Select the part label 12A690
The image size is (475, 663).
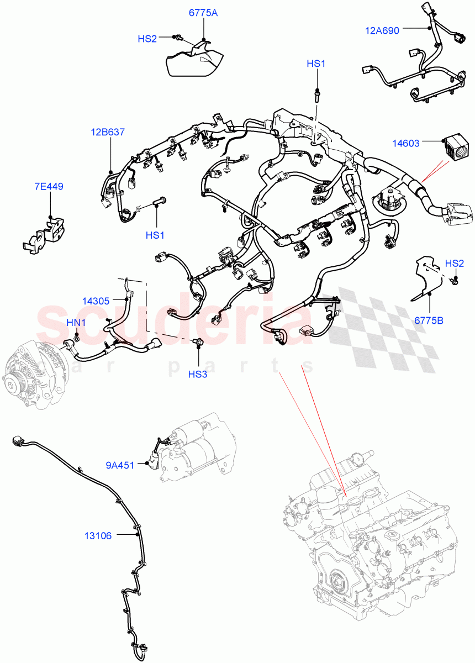pos(382,31)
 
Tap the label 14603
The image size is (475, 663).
pos(406,144)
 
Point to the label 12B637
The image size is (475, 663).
pos(108,133)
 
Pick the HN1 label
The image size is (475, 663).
pos(76,322)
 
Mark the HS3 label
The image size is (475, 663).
pos(197,374)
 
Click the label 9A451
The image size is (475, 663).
pos(120,465)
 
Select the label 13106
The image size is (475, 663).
pos(98,535)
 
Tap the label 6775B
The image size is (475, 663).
pos(429,320)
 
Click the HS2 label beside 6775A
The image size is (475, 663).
pos(147,39)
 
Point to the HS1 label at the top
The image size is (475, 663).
pos(316,65)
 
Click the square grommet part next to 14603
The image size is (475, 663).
pos(457,146)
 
